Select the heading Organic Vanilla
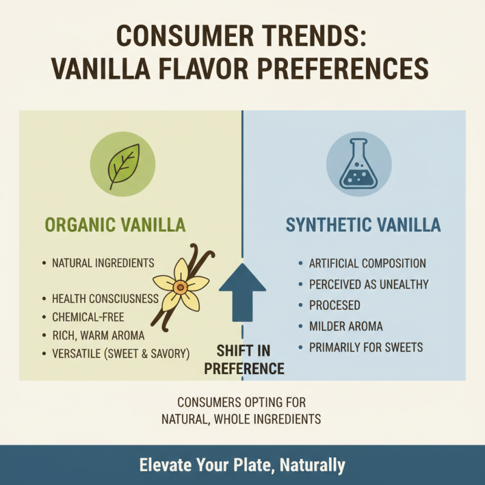coord(115,226)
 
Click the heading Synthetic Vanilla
coord(363,226)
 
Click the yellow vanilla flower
coord(180,284)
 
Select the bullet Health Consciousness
coord(105,298)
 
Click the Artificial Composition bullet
coord(367,264)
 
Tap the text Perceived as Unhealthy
coord(369,284)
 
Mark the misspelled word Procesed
coord(335,306)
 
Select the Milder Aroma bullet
coord(346,327)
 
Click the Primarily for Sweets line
coord(366,347)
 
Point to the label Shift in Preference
coord(244,359)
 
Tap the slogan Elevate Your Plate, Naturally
coord(242,465)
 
